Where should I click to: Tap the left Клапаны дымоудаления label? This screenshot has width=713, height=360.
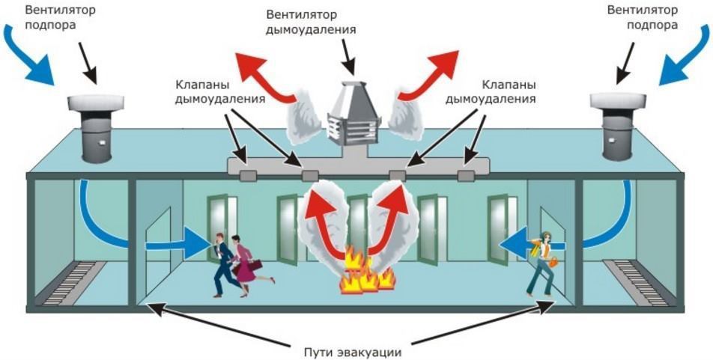[210, 91]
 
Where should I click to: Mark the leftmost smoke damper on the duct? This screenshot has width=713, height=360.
[246, 175]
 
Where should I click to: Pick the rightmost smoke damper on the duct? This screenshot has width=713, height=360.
[466, 175]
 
